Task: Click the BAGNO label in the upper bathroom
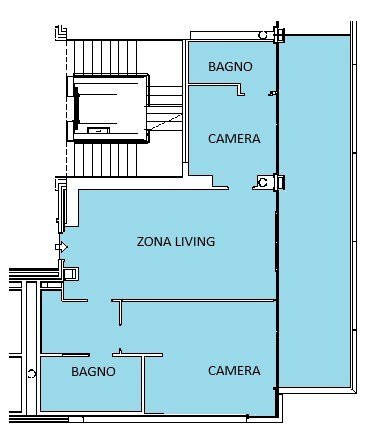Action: [x=230, y=66]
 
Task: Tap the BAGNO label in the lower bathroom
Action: [x=93, y=371]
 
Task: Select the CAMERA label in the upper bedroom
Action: [x=234, y=138]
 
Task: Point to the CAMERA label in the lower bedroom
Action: [x=234, y=370]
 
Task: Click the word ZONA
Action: [x=154, y=241]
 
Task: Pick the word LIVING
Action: [x=195, y=241]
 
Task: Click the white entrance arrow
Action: [x=61, y=247]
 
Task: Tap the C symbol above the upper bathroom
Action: [x=263, y=35]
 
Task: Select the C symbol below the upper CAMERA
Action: [x=263, y=183]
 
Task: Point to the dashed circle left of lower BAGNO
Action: [x=31, y=374]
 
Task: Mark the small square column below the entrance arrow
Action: [x=70, y=274]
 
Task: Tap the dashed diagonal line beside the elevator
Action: [x=165, y=122]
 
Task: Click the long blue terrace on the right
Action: [x=314, y=211]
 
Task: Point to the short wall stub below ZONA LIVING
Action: [x=121, y=312]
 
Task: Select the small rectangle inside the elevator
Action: [x=98, y=130]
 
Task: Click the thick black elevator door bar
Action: [x=77, y=108]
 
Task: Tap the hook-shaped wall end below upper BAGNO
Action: [x=240, y=90]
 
